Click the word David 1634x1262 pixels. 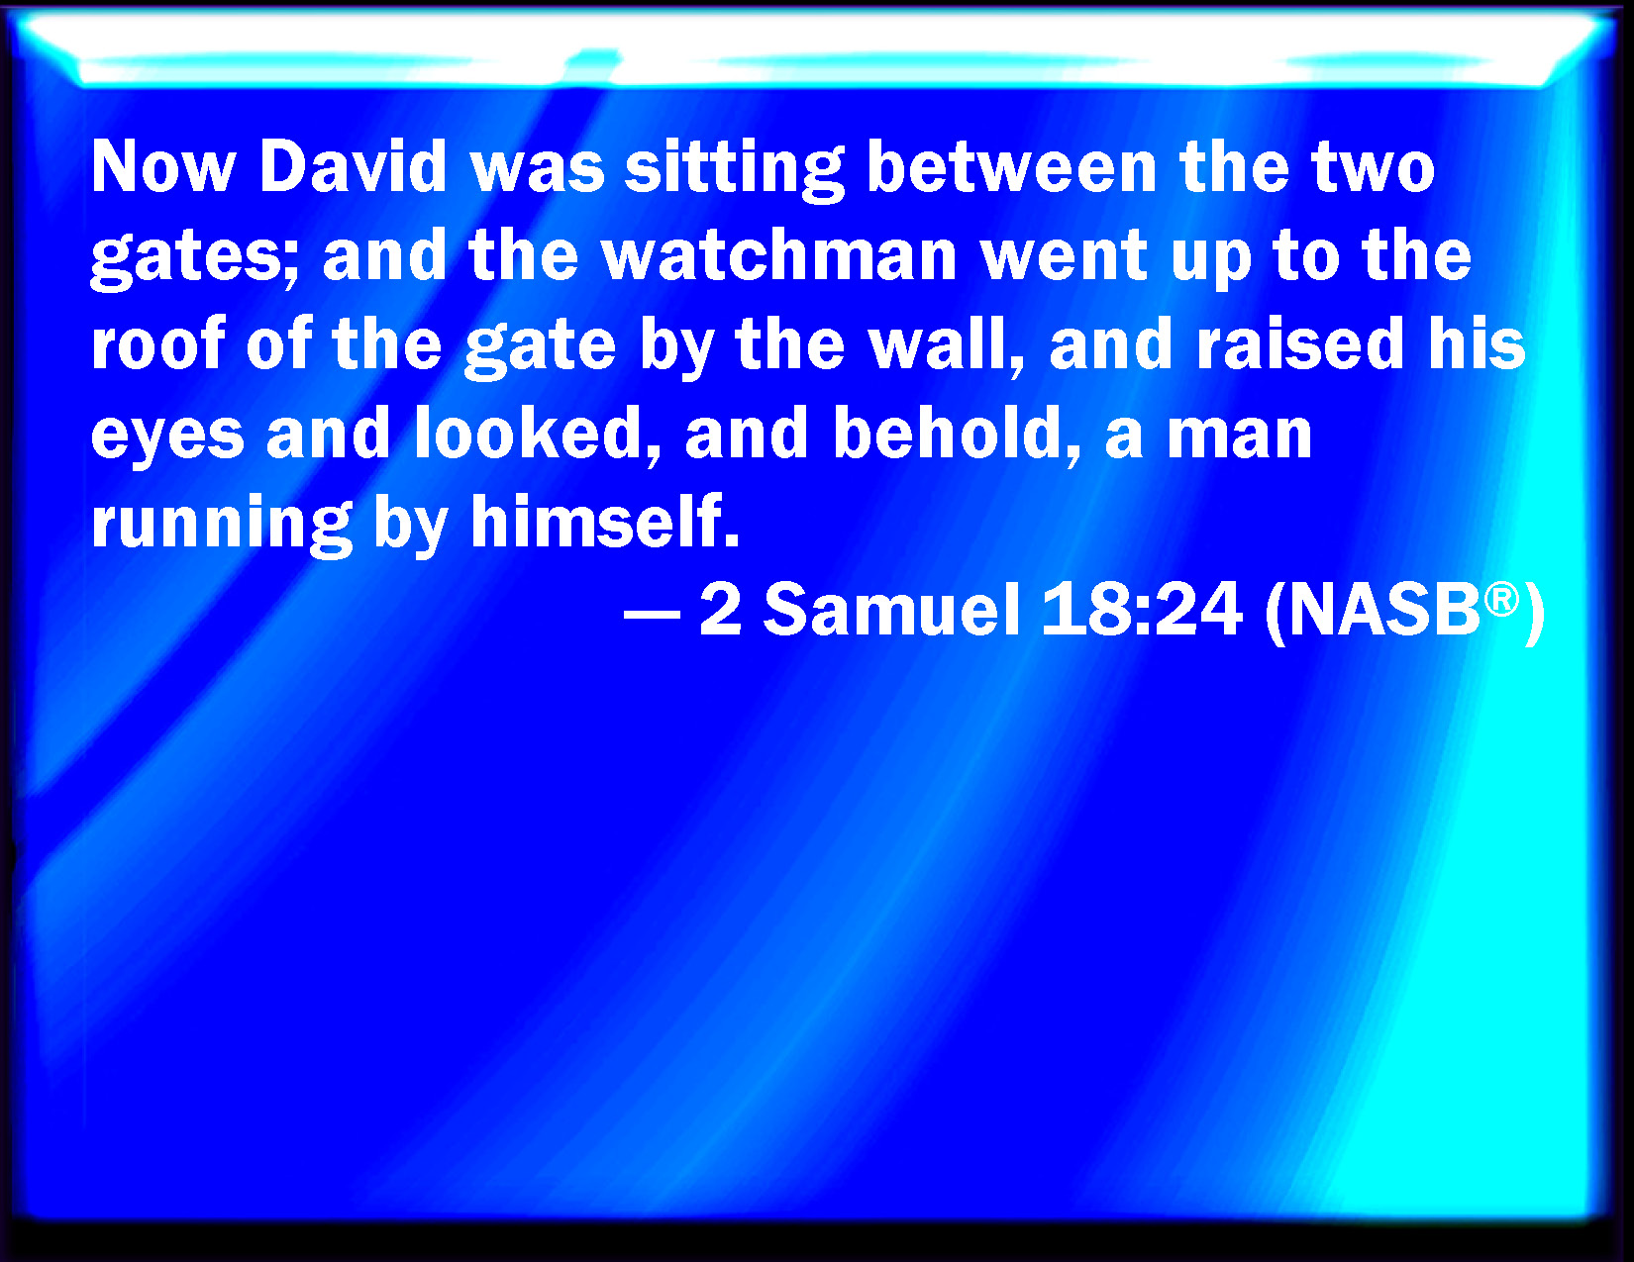353,166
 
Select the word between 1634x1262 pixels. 1011,166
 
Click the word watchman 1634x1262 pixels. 779,255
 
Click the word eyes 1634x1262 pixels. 167,437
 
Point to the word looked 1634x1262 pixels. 539,434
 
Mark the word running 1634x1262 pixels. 222,526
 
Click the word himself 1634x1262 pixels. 604,520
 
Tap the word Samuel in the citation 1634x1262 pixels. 892,610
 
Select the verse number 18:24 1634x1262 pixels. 1142,610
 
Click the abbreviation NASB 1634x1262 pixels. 1384,611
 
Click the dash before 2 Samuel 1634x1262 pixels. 652,614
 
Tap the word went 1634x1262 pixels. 1064,257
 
